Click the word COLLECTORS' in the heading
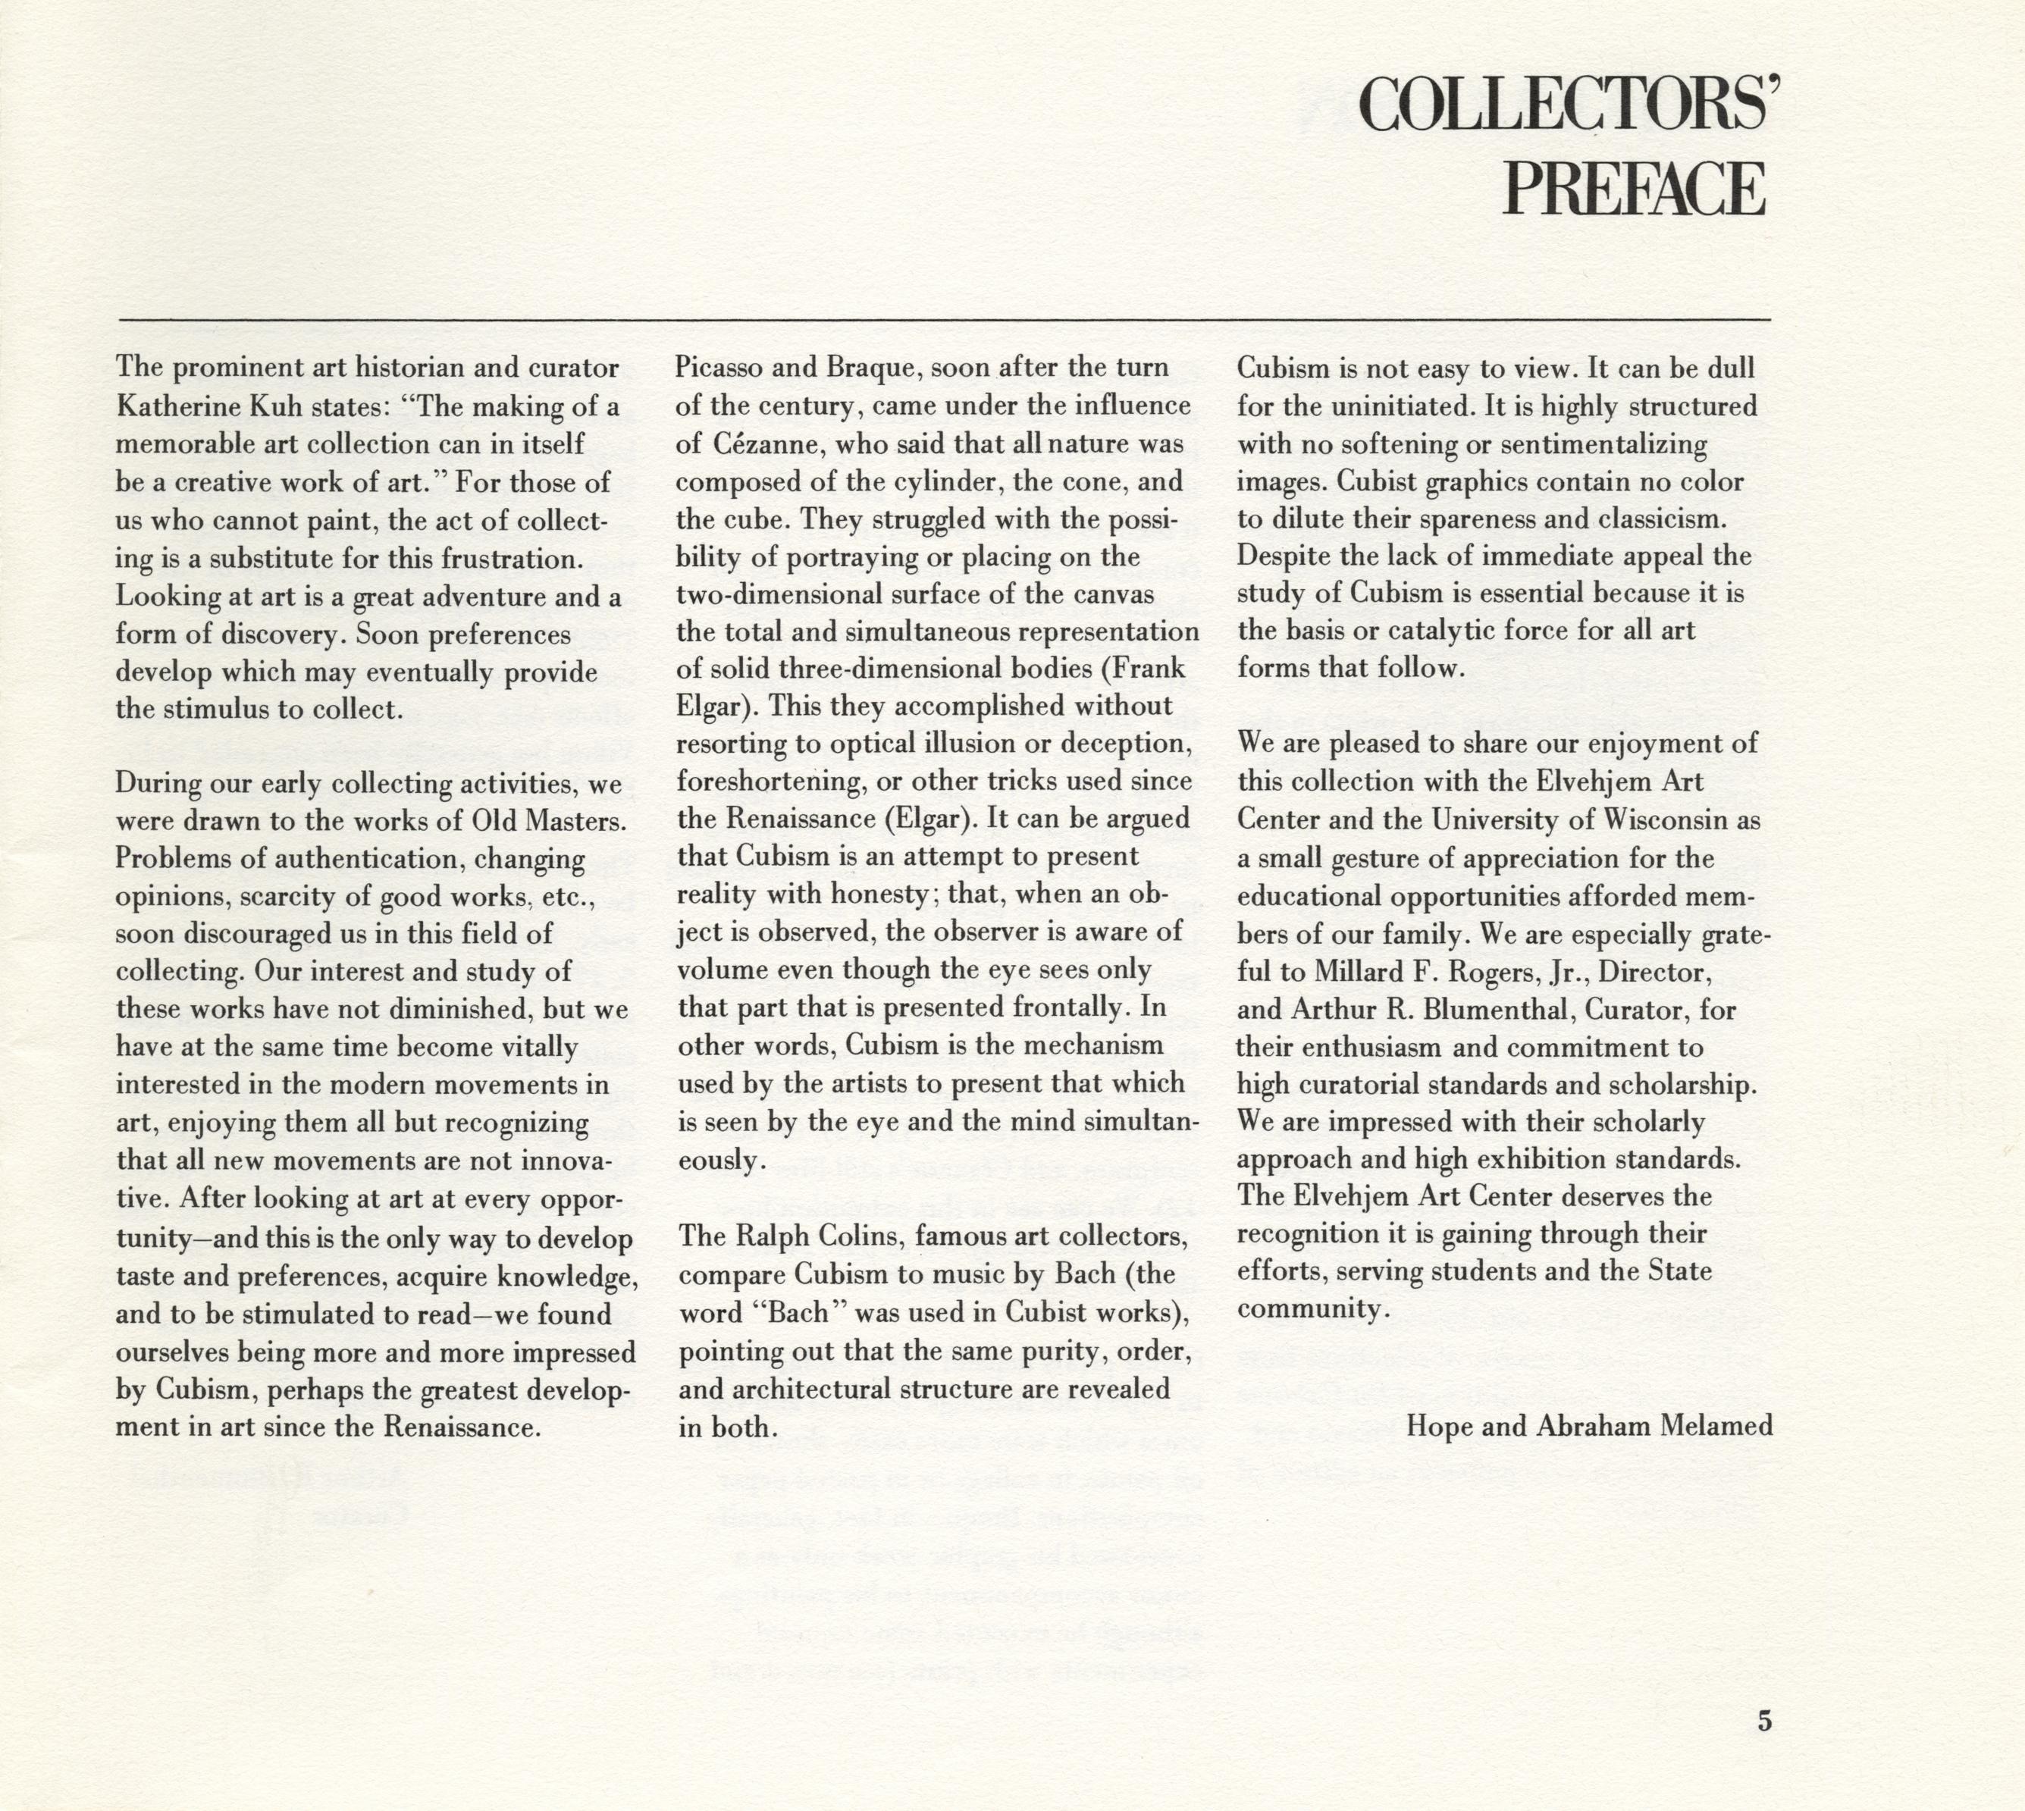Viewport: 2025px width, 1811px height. click(1566, 105)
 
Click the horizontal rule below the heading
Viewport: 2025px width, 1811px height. click(945, 319)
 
